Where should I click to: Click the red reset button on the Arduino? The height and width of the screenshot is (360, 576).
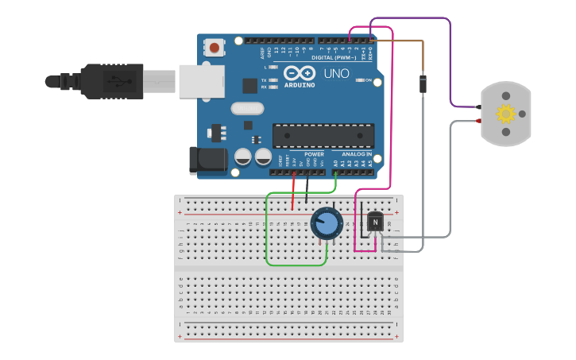point(214,48)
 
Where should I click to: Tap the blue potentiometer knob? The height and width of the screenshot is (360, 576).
point(326,223)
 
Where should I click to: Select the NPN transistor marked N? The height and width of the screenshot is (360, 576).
point(374,223)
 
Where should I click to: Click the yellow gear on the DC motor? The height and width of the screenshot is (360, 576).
point(506,114)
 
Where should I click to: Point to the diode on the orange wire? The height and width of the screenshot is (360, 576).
point(423,83)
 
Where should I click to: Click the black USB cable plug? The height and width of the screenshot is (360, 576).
point(111,81)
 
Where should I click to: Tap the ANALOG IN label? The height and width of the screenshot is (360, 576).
point(357,154)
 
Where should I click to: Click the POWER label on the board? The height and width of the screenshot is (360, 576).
point(303,154)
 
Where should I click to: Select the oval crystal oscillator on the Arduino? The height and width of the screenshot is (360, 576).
point(247,108)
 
